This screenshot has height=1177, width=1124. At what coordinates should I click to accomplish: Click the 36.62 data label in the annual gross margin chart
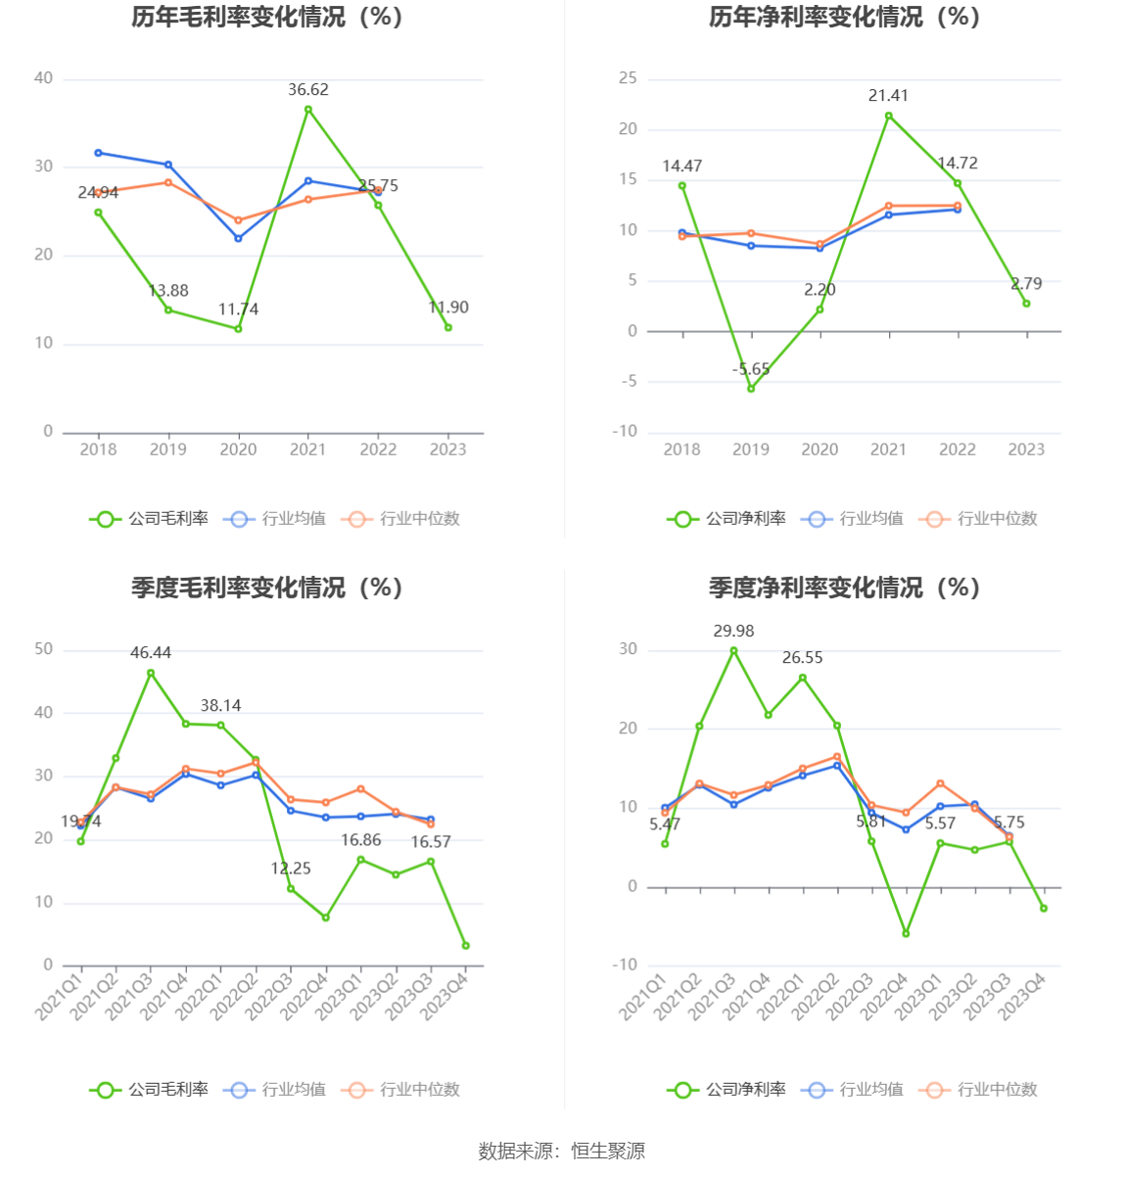click(307, 90)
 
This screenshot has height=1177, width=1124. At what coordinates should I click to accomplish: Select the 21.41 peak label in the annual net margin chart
click(888, 96)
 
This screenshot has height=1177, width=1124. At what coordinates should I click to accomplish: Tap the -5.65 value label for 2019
click(751, 369)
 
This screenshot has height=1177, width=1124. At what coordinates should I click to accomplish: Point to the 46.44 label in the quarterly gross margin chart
click(151, 653)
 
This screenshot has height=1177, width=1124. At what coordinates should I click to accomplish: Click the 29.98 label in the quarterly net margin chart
click(733, 632)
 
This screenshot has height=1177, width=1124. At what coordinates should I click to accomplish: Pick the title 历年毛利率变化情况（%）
click(267, 18)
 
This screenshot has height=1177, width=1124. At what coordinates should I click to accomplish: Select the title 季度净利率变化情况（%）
click(844, 588)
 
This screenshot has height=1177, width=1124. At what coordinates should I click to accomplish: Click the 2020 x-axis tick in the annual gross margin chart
click(238, 449)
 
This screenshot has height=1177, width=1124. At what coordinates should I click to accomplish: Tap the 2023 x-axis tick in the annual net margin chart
click(1026, 449)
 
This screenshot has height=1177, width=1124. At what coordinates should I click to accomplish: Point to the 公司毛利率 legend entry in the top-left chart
click(150, 519)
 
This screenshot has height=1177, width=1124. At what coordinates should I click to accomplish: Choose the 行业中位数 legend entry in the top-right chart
click(978, 519)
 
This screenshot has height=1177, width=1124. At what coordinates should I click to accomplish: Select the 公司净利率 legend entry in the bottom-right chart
click(727, 1090)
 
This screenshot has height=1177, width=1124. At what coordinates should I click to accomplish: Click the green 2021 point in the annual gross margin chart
click(308, 110)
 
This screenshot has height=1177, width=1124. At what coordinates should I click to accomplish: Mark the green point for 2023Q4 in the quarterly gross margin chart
click(465, 946)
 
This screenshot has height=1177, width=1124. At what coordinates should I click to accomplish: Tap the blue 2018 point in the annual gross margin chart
click(98, 153)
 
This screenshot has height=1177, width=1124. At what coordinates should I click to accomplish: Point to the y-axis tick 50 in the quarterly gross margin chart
click(44, 649)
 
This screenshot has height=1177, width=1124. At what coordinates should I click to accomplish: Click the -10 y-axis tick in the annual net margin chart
click(625, 432)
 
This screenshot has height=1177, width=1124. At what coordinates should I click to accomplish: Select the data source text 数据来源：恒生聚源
click(562, 1152)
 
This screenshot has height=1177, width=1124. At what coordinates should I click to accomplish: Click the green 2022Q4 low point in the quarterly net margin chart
click(906, 934)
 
